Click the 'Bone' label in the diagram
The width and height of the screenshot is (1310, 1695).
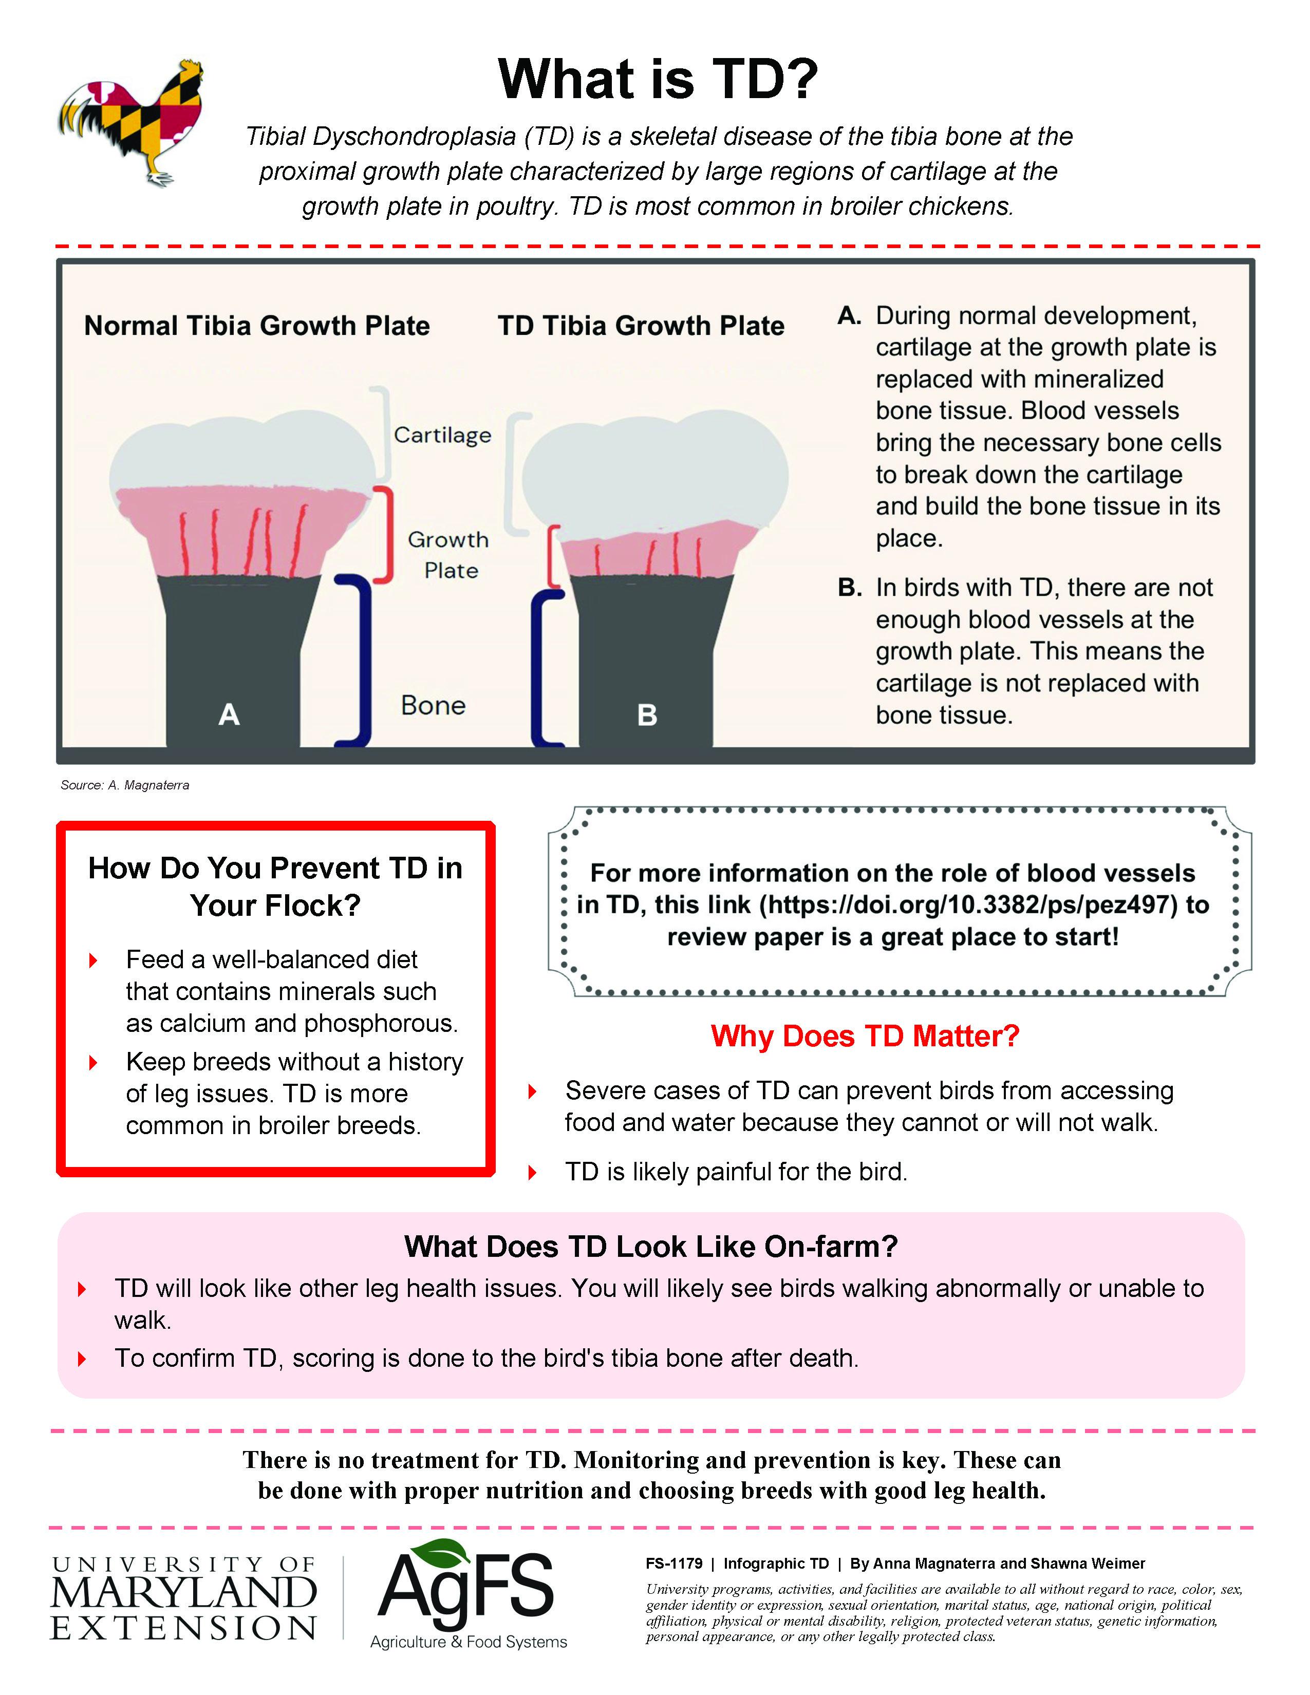[433, 705]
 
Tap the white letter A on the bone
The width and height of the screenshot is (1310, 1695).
[229, 714]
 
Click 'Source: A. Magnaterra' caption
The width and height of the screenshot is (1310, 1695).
[125, 785]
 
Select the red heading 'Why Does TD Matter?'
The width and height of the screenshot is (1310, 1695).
[865, 1036]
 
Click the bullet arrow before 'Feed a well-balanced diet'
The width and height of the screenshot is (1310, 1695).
[93, 961]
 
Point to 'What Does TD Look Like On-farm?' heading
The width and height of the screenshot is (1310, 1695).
[650, 1247]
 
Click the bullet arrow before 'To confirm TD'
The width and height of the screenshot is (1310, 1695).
[82, 1359]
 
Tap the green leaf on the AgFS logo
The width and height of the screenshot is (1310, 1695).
[444, 1552]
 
